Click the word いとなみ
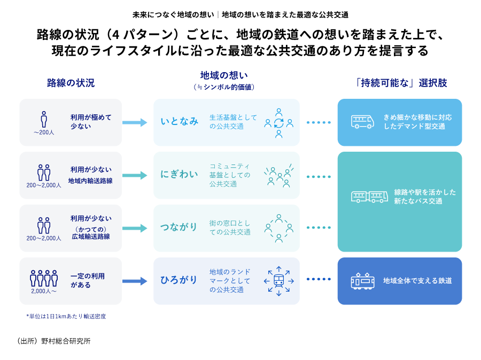[x=179, y=122]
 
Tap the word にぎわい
[x=179, y=175]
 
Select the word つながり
[x=179, y=228]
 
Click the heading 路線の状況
[x=71, y=83]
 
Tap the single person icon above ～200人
[x=44, y=119]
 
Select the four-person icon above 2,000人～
[x=44, y=278]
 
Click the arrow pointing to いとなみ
[x=134, y=122]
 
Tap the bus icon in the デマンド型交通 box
[x=362, y=122]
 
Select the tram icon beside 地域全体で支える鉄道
[x=362, y=281]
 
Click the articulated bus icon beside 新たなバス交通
[x=369, y=197]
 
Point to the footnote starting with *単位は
[x=66, y=316]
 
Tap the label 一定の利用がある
[x=88, y=280]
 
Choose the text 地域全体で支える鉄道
[x=417, y=281]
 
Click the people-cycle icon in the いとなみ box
[x=278, y=122]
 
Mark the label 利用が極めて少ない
[x=91, y=122]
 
